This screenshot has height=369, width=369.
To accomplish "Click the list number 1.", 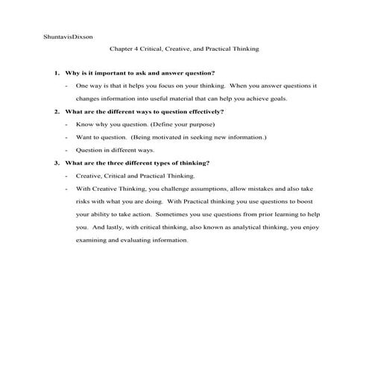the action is click(x=54, y=73).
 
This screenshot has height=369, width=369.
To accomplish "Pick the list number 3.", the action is click(x=54, y=163).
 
